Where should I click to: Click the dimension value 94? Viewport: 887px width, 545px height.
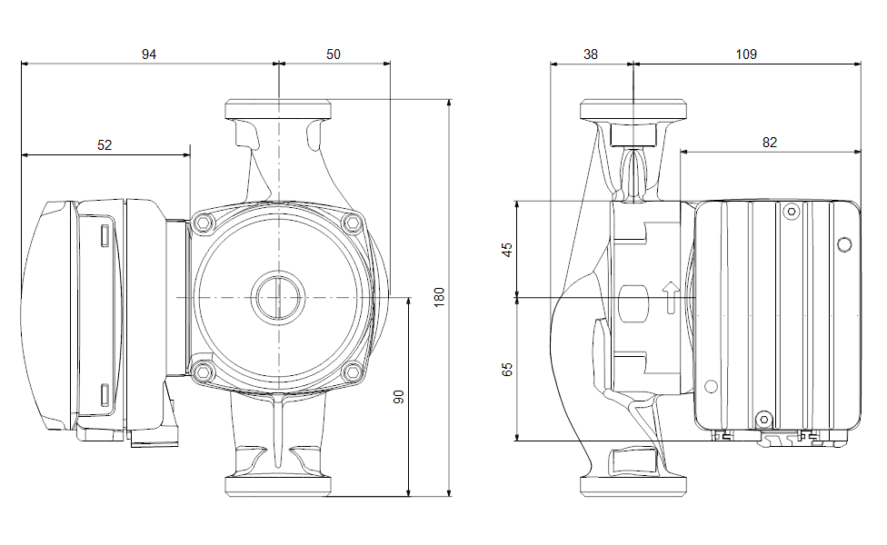point(149,54)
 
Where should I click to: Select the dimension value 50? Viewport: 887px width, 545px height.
point(334,54)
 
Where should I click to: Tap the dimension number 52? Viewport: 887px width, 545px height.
point(105,144)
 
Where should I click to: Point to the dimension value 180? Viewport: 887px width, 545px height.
point(439,296)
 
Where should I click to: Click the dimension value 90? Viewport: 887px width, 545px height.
point(398,397)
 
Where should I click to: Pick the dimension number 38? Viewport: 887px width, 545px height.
point(591,54)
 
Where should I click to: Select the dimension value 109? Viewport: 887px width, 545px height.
point(746,54)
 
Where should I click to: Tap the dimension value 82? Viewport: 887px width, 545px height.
point(770,143)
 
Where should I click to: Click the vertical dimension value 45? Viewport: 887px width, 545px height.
point(507,249)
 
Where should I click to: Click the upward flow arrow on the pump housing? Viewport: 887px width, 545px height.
point(670,296)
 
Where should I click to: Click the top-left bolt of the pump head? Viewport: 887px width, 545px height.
point(202,223)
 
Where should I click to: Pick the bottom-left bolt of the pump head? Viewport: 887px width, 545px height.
point(202,370)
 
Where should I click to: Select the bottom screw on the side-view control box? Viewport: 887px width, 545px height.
point(763,419)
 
